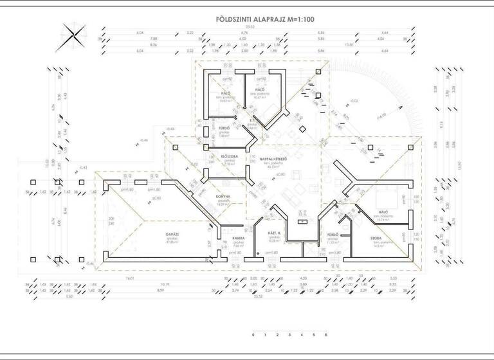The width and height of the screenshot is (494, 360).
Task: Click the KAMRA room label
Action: pyautogui.click(x=237, y=239)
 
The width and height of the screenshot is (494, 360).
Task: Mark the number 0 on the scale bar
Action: pyautogui.click(x=254, y=335)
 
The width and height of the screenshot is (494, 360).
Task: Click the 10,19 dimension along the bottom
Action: pyautogui.click(x=165, y=284)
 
